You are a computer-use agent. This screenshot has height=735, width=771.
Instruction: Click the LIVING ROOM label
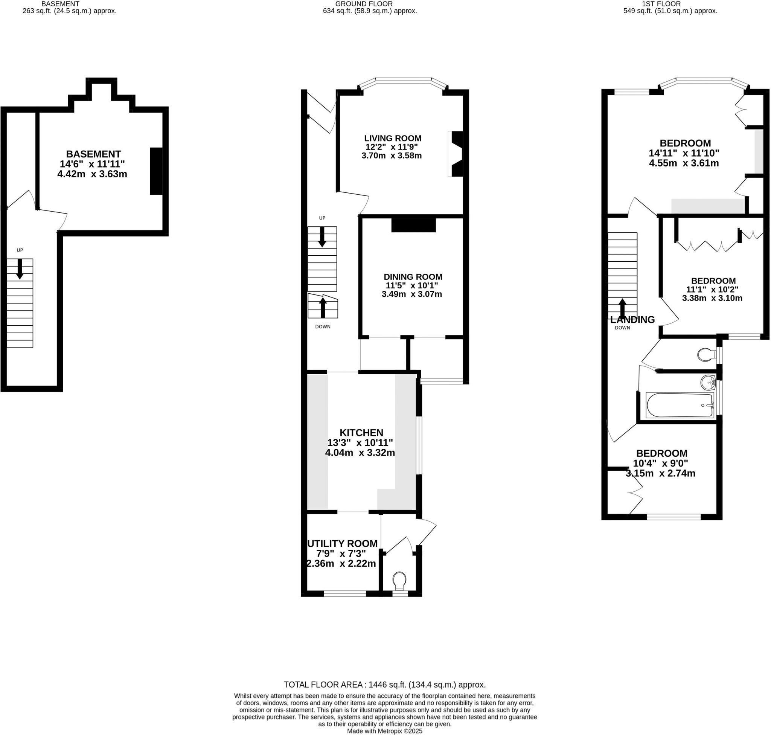coord(393,138)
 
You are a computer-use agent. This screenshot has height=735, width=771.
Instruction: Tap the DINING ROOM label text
coord(413,277)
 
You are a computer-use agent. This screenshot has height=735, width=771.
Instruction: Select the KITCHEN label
coord(361,433)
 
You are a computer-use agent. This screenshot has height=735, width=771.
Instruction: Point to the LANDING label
coord(632,320)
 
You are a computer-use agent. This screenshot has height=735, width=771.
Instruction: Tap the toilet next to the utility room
coord(399,580)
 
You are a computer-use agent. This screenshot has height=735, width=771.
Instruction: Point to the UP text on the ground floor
coord(322,218)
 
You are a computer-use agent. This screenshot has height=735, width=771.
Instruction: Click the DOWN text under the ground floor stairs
coord(323,326)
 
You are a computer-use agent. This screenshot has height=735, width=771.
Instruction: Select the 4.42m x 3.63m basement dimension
coord(92,174)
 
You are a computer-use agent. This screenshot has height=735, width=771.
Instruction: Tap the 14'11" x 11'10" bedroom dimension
coord(684,153)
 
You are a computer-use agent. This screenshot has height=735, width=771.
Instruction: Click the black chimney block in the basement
coord(156,171)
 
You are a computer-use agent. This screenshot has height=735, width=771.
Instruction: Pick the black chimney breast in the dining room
coord(413,225)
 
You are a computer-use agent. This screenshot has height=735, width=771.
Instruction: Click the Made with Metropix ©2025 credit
coord(384,731)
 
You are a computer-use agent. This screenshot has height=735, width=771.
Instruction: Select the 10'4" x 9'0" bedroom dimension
coord(661,463)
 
